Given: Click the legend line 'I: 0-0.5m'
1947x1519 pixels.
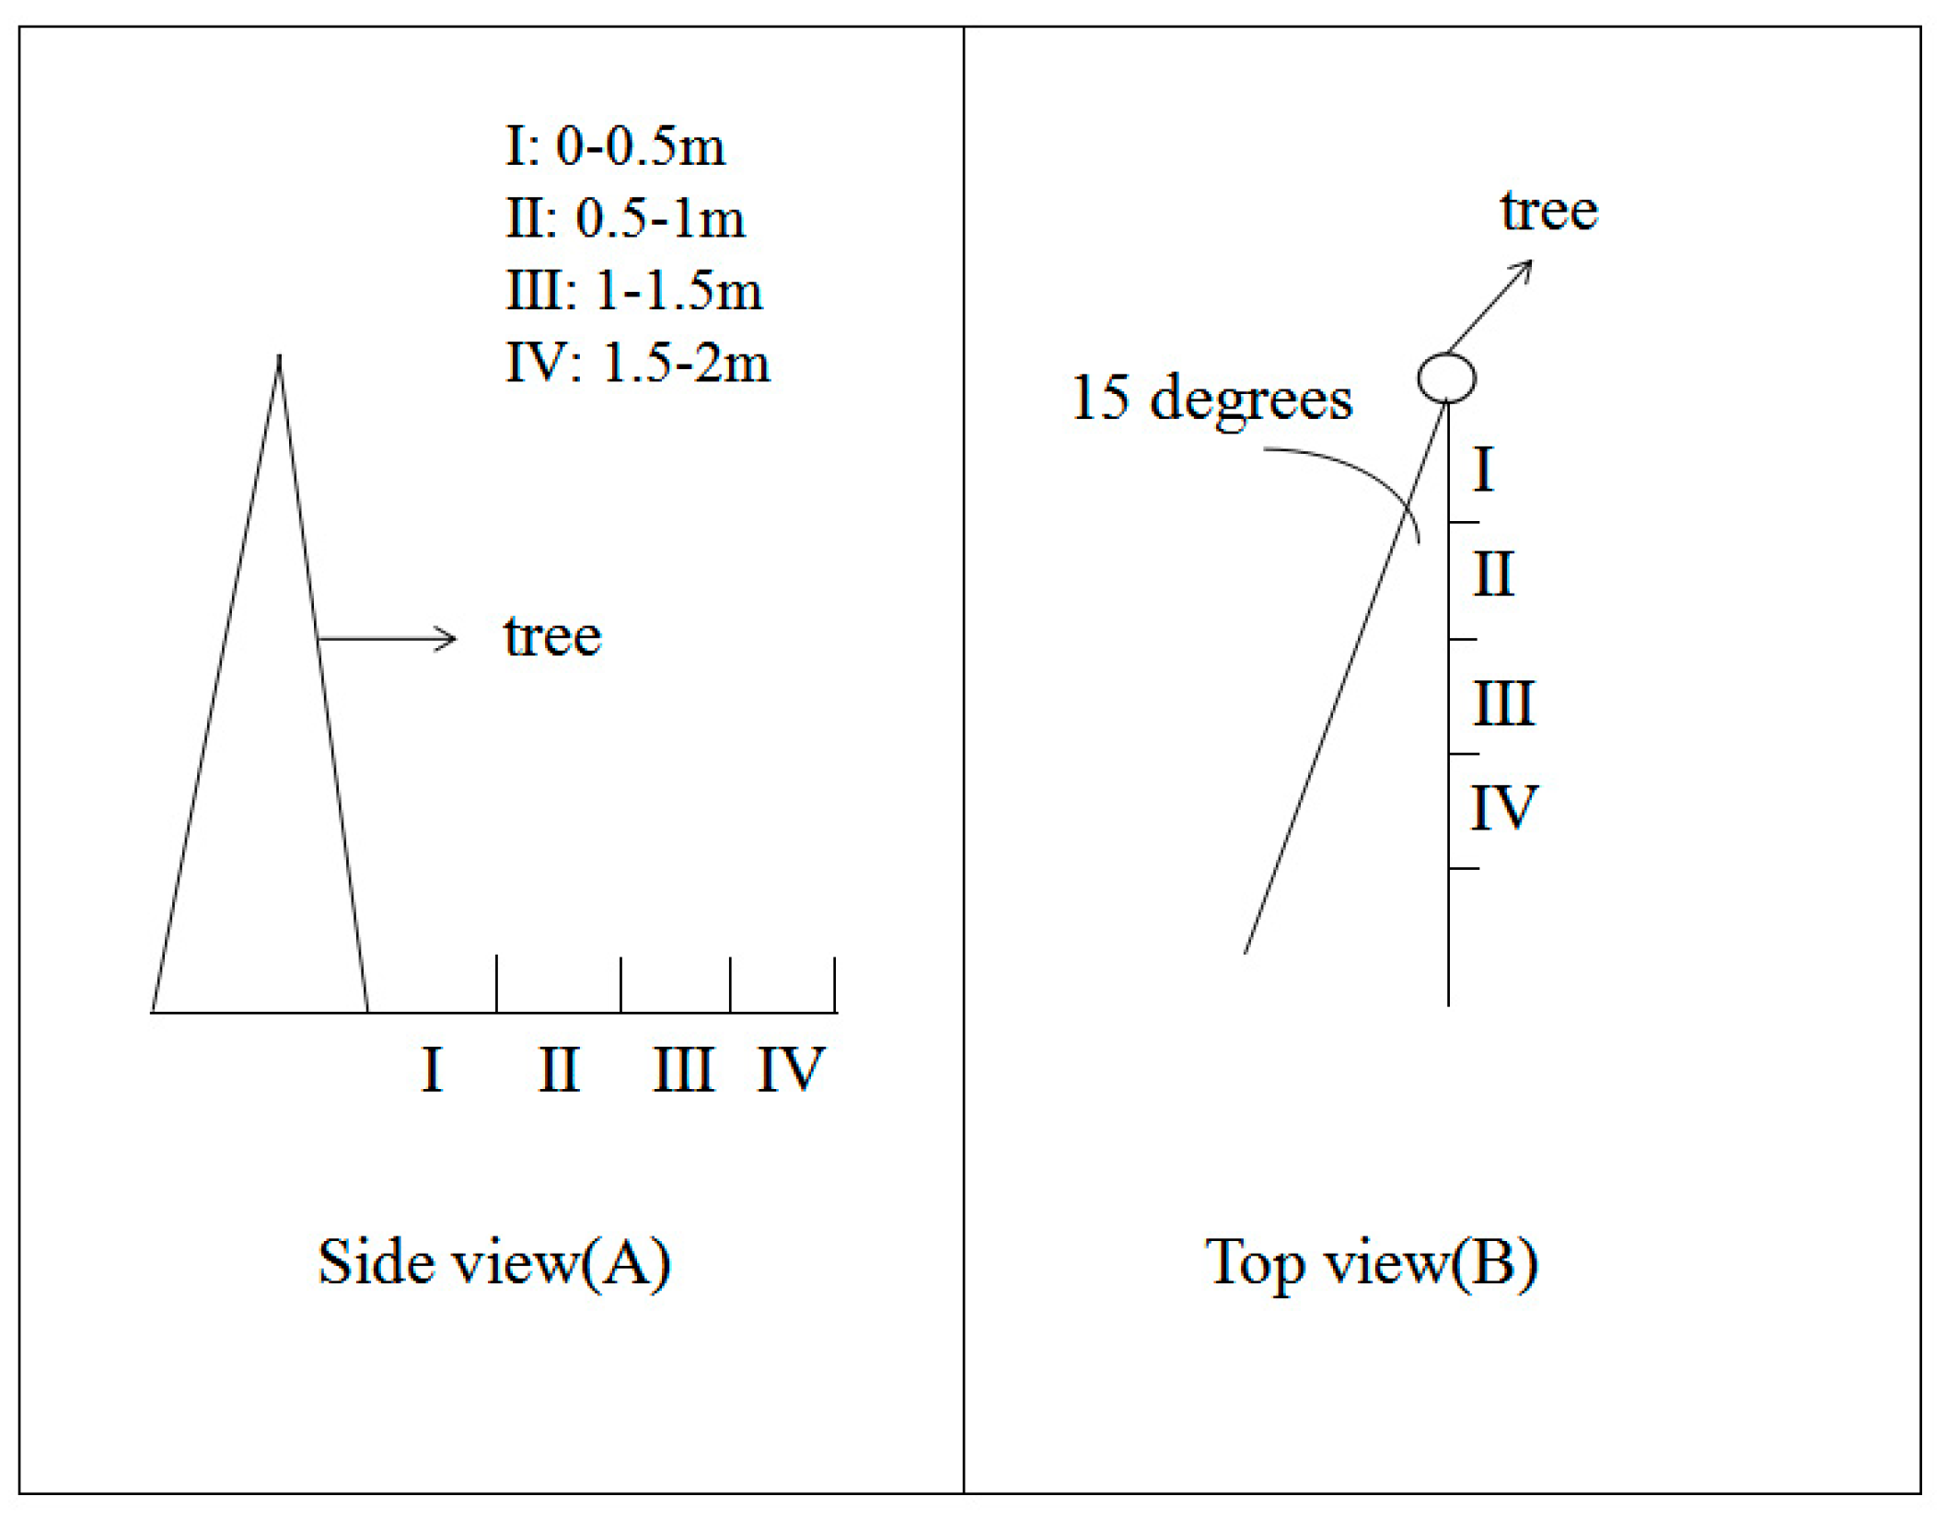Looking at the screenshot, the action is pos(615,146).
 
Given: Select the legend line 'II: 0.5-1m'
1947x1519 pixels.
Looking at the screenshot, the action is pos(625,219).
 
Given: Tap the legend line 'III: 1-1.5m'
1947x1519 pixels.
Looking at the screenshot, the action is pos(634,291).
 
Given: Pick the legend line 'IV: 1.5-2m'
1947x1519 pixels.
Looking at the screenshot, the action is pos(637,363).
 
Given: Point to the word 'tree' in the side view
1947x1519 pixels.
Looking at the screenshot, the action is pos(552,636).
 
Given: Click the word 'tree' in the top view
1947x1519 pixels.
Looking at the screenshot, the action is pos(1548,211).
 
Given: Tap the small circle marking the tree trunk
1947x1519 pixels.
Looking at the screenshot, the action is pos(1446,377).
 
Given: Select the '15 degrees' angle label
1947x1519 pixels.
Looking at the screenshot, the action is pos(1211,399).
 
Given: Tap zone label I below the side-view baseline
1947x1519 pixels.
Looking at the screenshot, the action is pos(432,1070).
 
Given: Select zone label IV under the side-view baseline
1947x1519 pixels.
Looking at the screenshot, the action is pos(790,1070).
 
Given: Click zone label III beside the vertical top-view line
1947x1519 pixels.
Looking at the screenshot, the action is pos(1503,704).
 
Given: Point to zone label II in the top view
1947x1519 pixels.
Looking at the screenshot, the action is pos(1492,574).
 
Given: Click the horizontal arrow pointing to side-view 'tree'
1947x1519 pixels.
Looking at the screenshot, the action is pos(387,638).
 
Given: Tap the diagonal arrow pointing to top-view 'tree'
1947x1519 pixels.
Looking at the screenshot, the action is pos(1489,307).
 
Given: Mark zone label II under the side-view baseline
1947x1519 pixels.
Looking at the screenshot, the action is pos(559,1070).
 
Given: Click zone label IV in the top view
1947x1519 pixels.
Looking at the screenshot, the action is pos(1503,808).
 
